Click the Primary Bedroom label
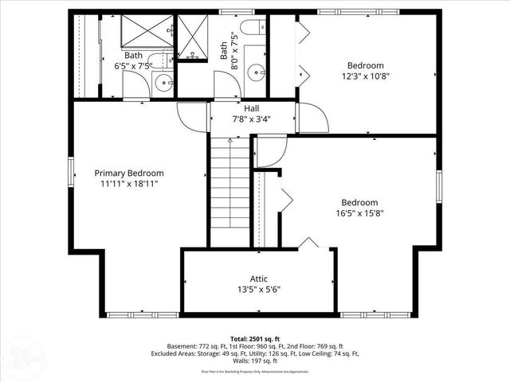tap(128, 173)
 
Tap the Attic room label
tap(259, 279)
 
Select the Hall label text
tap(252, 108)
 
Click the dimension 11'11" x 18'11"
tap(128, 184)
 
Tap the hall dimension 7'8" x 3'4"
tap(252, 119)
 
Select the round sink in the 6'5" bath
tap(163, 81)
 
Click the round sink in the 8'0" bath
tap(256, 72)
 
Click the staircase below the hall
tap(229, 191)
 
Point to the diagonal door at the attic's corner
tap(308, 242)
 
